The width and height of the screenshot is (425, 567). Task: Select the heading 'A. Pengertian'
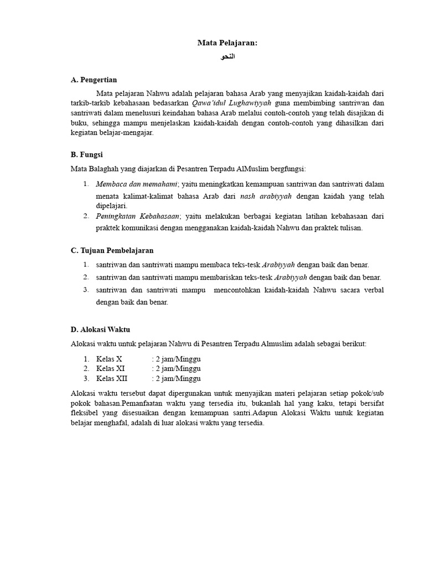tap(94, 80)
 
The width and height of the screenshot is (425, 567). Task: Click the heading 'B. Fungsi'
tap(87, 154)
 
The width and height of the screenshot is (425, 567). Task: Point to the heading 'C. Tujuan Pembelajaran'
tap(112, 250)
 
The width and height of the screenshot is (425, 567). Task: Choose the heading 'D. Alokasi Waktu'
tap(101, 329)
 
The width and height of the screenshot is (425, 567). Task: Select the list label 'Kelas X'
tap(109, 359)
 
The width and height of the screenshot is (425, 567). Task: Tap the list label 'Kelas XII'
tap(112, 379)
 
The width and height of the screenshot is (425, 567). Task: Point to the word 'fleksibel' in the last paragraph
tap(85, 413)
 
